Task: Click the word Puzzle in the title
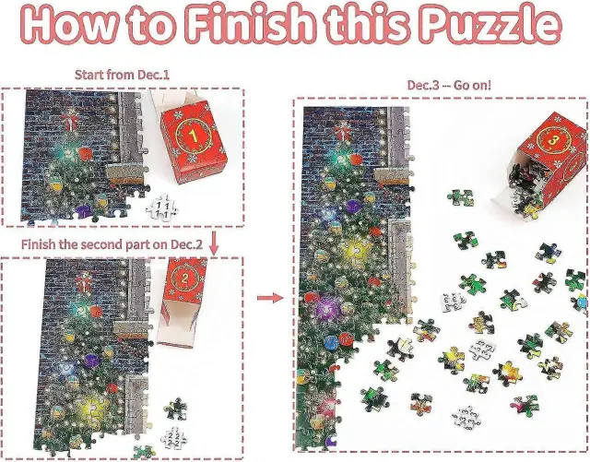(490, 24)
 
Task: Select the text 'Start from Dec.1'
(122, 75)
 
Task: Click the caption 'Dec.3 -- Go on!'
(449, 85)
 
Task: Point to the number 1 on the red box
(194, 136)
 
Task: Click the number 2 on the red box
(184, 278)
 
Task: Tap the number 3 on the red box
(552, 140)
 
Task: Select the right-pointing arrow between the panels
(270, 298)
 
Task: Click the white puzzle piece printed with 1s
(162, 207)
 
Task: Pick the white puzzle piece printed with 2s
(173, 438)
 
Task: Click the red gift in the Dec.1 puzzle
(68, 120)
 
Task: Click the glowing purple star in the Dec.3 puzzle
(328, 309)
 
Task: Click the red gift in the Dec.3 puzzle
(341, 133)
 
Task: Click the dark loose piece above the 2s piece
(176, 409)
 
